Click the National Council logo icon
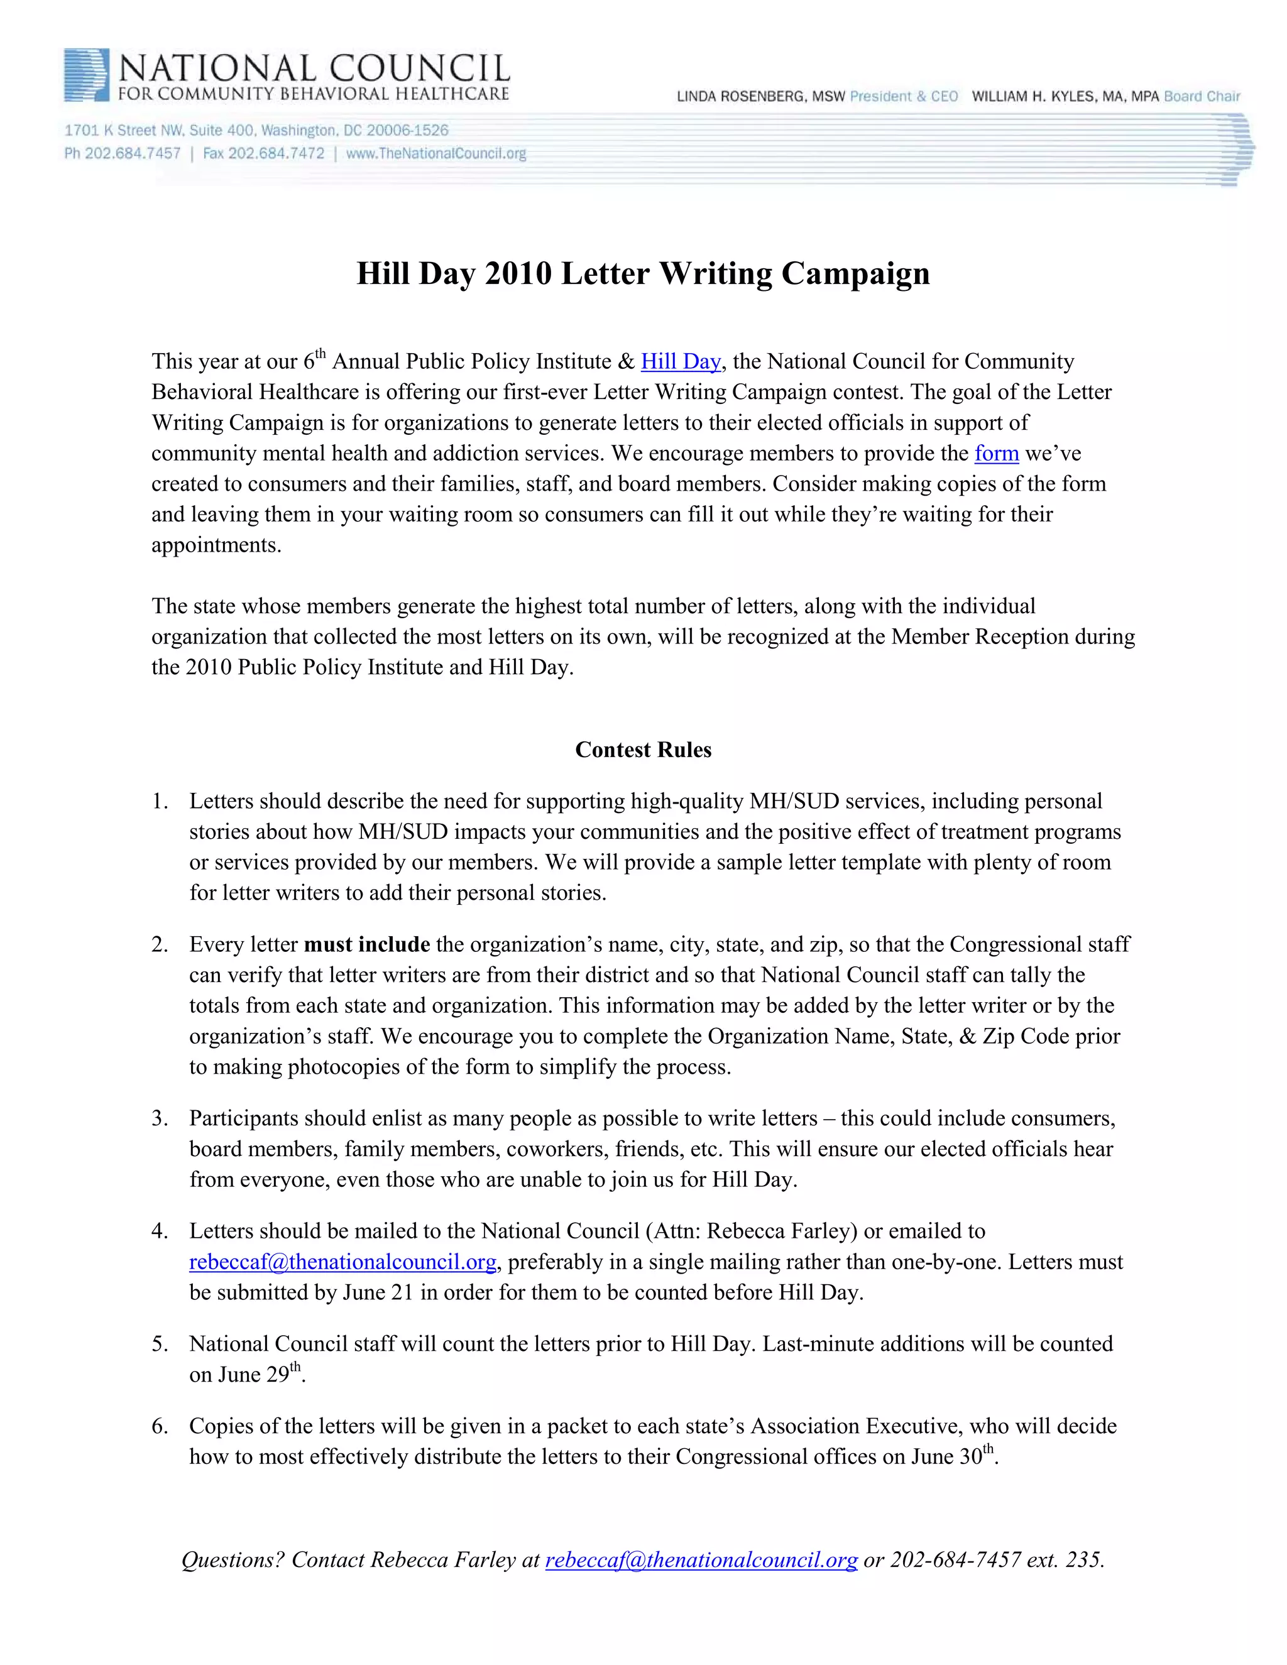(86, 75)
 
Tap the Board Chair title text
(1202, 97)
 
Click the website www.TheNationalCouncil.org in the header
(436, 153)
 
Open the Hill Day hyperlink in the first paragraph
(680, 361)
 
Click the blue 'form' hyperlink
(996, 454)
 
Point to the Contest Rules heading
(643, 750)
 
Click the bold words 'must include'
(367, 944)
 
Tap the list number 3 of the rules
(160, 1118)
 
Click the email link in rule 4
(342, 1262)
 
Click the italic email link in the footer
(701, 1560)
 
